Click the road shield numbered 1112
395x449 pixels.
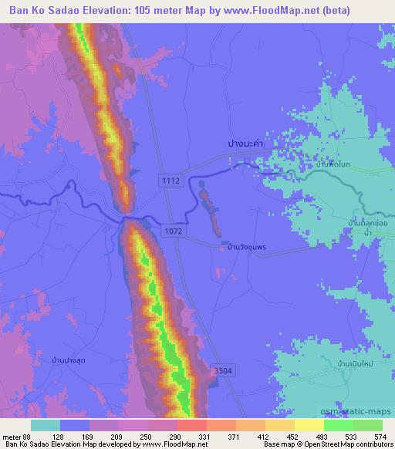tap(170, 180)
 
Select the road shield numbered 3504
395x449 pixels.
tap(222, 371)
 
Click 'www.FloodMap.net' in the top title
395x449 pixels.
tap(262, 11)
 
